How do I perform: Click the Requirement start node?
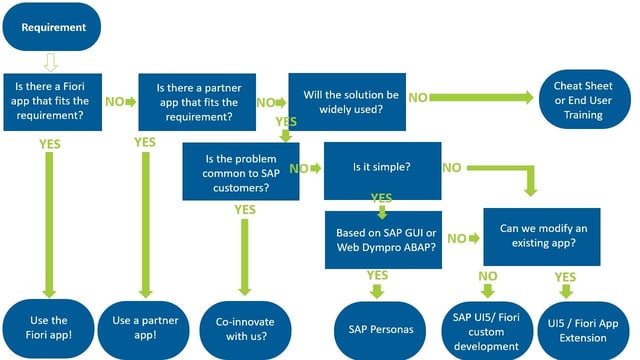click(x=53, y=27)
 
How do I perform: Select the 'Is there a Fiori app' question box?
click(x=53, y=101)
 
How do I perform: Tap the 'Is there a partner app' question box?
click(x=198, y=101)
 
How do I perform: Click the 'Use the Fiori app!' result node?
click(x=48, y=324)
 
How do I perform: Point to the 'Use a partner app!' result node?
click(x=146, y=324)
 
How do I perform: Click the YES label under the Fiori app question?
click(x=49, y=144)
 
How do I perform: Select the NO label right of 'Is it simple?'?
click(x=452, y=168)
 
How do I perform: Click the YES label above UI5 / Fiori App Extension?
click(x=566, y=276)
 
